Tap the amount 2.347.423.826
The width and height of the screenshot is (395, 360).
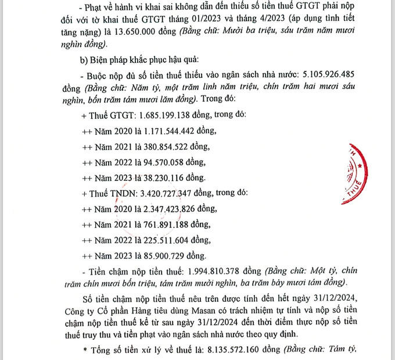tap(164, 208)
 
